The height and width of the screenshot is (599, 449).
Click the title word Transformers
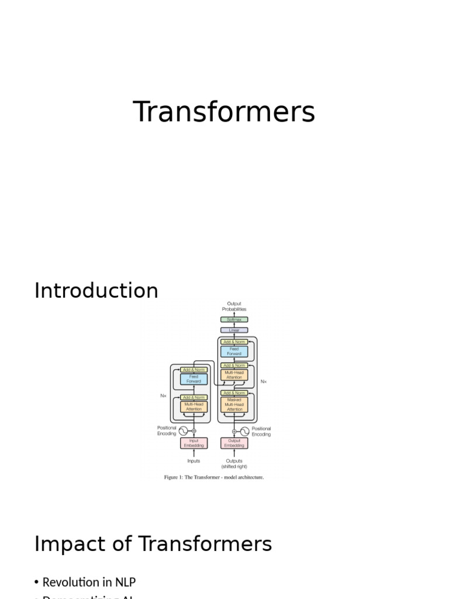(224, 112)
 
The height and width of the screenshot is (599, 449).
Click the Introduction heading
(96, 291)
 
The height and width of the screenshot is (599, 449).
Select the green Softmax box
(234, 319)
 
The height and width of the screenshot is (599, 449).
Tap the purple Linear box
(234, 330)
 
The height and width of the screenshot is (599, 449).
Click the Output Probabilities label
(234, 307)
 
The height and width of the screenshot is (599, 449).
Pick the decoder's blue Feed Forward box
(234, 352)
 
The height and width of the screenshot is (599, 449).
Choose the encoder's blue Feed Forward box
(194, 379)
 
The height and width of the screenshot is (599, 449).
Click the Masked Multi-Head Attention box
(234, 405)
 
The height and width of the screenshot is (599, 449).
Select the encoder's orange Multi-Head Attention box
(194, 407)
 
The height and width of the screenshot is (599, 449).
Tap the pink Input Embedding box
(194, 443)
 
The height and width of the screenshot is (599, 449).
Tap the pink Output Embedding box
(234, 443)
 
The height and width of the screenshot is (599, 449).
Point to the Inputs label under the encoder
(194, 461)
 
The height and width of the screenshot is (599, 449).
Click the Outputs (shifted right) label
(234, 464)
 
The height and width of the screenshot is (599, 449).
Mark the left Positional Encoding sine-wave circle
(183, 431)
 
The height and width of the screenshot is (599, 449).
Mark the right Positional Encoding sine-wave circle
(245, 431)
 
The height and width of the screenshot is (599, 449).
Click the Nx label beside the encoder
(164, 396)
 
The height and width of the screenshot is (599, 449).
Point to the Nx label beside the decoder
(264, 381)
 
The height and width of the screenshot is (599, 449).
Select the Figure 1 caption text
(214, 477)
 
